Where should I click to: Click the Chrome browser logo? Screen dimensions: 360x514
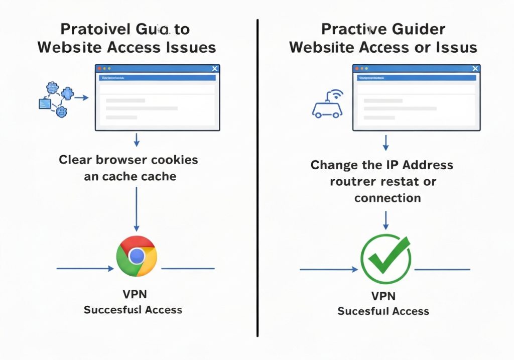136,256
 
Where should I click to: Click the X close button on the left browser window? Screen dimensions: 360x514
215,69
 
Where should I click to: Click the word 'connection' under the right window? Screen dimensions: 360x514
388,198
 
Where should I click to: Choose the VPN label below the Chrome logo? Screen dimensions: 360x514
135,294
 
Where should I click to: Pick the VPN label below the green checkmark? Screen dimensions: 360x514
383,295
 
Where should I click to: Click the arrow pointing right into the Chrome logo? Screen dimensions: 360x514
85,269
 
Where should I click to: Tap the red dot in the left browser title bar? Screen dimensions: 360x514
100,68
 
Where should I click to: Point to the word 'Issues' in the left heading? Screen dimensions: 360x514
191,47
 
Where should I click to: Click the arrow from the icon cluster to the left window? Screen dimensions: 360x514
81,98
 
